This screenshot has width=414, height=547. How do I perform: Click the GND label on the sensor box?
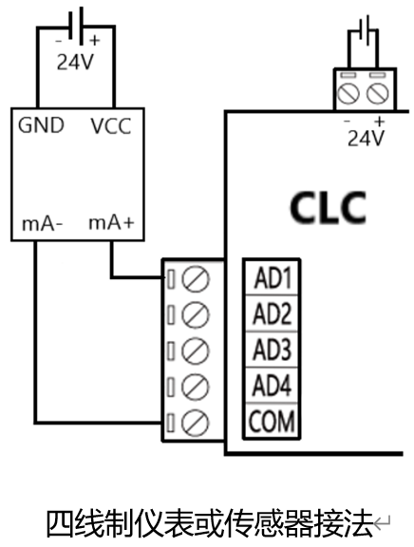point(41,125)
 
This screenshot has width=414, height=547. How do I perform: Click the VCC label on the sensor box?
point(111,126)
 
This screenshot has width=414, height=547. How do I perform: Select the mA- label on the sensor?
point(42,223)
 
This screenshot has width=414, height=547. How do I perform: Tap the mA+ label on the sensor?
point(111,222)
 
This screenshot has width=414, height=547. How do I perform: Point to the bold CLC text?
point(329,208)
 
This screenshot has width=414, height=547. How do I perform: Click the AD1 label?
point(273,278)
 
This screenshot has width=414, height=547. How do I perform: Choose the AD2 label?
point(273,314)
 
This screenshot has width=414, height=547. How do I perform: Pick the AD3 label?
point(273,349)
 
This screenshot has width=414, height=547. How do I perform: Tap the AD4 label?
point(273,386)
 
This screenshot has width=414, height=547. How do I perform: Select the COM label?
point(272,421)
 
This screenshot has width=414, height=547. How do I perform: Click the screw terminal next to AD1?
point(196,279)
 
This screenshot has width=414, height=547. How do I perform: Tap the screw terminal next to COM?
point(196,423)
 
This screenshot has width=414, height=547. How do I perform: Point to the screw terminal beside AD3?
point(196,351)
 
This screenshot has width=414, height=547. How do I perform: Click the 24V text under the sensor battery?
point(75,63)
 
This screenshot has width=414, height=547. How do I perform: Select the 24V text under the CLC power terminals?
point(366,138)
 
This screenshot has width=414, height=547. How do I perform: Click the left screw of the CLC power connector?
point(348,93)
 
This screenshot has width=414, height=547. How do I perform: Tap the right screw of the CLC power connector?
point(377,93)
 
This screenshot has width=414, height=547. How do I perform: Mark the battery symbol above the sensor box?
point(76,27)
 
